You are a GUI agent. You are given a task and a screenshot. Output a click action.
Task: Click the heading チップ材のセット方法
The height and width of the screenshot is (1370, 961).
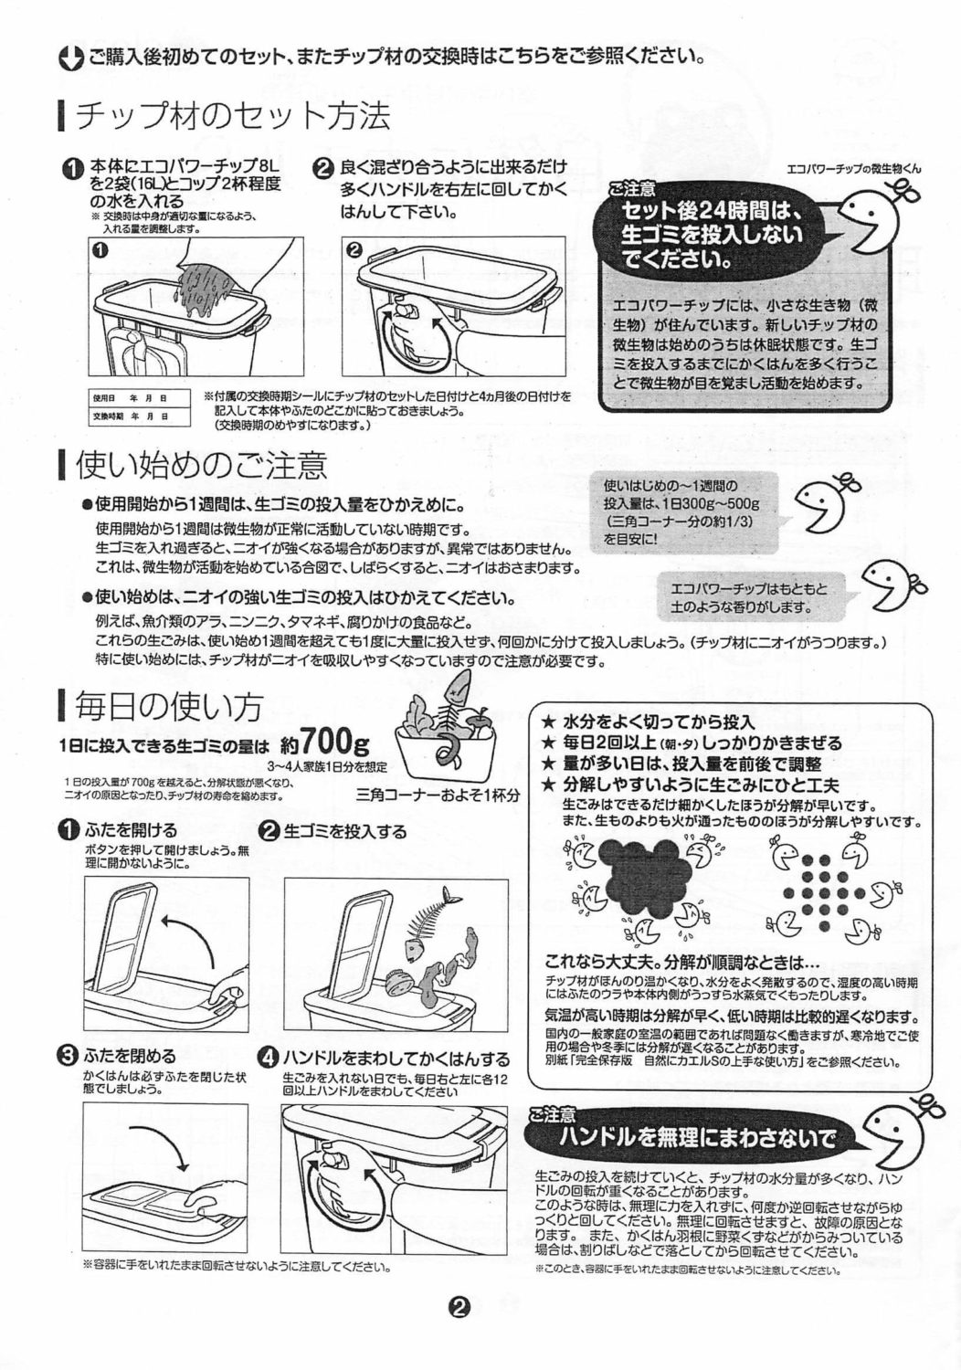(x=233, y=116)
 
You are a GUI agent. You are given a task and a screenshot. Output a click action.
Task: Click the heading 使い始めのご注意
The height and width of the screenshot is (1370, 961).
(x=201, y=466)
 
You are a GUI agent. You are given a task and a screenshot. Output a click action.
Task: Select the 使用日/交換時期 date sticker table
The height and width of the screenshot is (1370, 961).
(x=140, y=406)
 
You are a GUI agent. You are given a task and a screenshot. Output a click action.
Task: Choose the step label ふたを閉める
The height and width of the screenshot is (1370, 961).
(x=131, y=1056)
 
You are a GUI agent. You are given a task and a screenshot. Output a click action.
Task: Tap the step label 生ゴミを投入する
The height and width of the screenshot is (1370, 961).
(x=345, y=832)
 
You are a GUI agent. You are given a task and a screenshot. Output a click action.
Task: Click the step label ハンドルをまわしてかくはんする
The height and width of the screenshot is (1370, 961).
(x=396, y=1058)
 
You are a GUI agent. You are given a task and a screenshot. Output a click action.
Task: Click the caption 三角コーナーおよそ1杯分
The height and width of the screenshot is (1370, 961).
(x=438, y=796)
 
